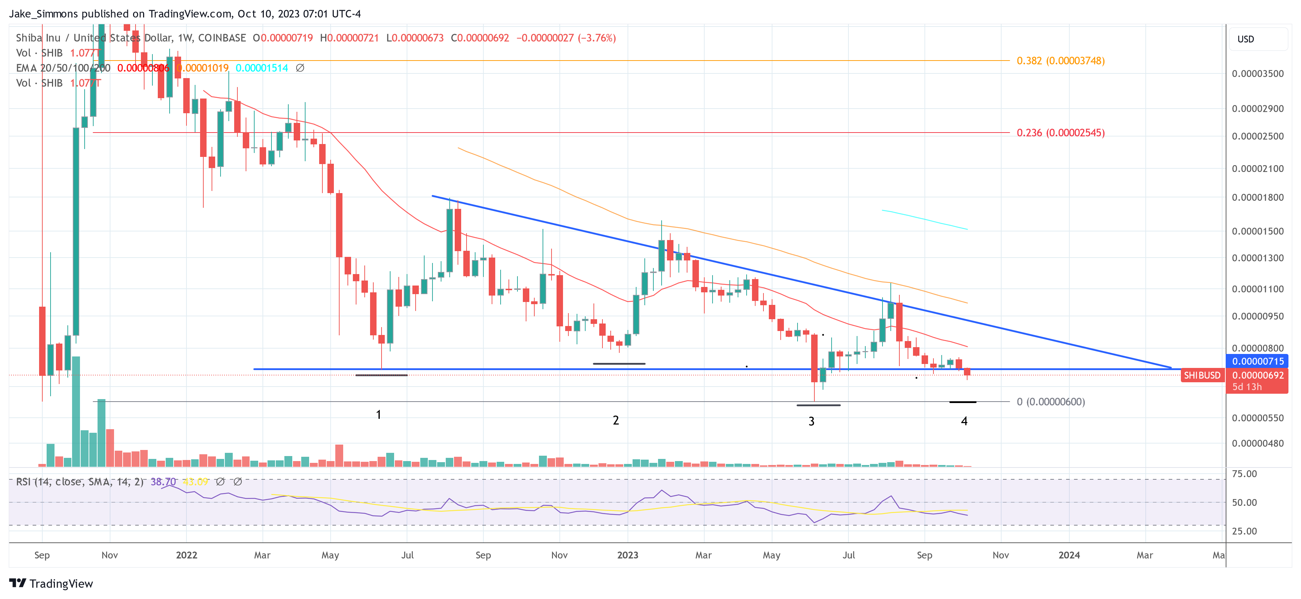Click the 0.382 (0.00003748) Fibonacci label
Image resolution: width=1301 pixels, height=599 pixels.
1060,61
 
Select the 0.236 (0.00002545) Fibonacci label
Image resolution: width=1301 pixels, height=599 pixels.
1060,133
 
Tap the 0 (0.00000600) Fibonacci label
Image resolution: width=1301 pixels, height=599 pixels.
1050,402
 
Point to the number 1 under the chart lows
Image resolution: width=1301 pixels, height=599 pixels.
378,415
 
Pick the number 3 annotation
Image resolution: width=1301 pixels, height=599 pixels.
811,421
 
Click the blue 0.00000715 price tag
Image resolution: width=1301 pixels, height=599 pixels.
1257,361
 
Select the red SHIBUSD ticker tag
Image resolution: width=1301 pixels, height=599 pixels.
1202,375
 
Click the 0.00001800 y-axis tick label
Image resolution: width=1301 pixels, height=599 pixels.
1257,197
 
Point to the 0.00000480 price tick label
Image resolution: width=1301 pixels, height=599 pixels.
1257,444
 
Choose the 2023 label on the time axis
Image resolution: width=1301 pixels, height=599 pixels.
627,555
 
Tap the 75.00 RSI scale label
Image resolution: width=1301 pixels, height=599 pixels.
1244,474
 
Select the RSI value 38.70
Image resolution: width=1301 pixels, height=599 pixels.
163,482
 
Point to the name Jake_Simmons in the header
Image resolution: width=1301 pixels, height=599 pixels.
43,14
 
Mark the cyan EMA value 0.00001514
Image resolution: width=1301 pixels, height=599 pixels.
262,68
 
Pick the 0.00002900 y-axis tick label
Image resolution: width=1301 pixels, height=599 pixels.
1257,109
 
